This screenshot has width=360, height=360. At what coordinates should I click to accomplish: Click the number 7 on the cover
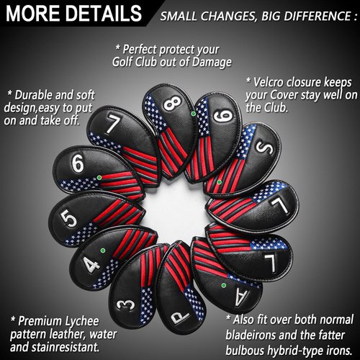[112, 124]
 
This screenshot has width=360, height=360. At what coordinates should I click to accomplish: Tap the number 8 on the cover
[172, 104]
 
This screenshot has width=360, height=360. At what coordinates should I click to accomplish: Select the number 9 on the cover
[223, 117]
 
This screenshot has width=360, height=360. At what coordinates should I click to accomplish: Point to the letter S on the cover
[264, 147]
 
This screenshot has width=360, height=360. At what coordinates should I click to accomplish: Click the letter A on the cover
[242, 297]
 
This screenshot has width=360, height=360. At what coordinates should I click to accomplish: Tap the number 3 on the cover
[125, 305]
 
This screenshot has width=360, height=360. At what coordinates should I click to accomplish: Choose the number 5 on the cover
[68, 218]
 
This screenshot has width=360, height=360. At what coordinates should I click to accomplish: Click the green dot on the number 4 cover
[103, 251]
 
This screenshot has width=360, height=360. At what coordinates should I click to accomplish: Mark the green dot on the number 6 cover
[99, 177]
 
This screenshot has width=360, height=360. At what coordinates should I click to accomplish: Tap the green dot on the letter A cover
[224, 285]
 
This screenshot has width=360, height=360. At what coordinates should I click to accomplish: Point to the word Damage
[212, 63]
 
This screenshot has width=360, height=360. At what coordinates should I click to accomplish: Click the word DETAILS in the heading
[104, 13]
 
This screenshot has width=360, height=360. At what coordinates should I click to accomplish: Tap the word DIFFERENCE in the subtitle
[315, 16]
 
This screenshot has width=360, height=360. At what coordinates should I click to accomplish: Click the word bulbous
[245, 350]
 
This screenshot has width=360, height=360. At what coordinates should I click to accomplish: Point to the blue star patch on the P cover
[194, 302]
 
